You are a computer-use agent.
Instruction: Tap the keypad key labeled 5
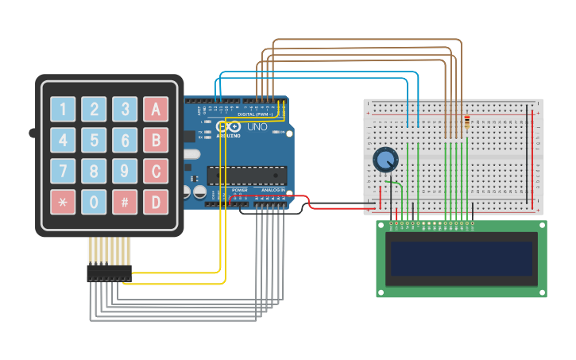94,141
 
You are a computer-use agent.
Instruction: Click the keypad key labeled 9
125,171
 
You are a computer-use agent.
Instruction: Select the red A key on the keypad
156,110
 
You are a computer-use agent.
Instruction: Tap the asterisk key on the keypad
64,202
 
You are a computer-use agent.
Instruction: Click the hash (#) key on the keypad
125,202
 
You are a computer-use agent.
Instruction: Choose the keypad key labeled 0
94,202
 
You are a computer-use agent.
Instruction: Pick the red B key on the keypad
156,141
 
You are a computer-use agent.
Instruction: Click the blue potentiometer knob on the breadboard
386,161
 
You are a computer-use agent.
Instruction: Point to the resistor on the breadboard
466,122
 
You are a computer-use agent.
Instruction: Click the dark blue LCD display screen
461,258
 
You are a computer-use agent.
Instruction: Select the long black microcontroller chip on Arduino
246,175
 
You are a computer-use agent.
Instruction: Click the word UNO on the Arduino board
257,127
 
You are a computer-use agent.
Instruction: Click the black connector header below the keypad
109,273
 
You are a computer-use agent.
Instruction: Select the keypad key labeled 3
125,110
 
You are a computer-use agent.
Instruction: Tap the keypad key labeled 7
64,171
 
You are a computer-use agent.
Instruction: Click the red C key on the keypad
156,171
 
